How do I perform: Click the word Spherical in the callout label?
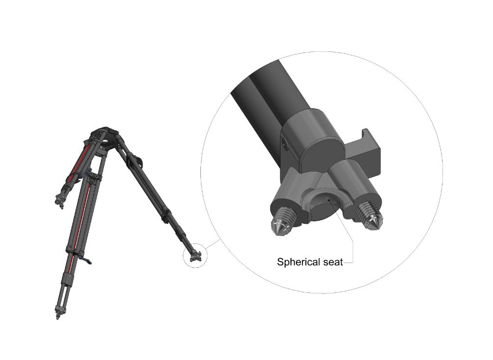(x=298, y=262)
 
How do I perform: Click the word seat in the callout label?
(x=332, y=262)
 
